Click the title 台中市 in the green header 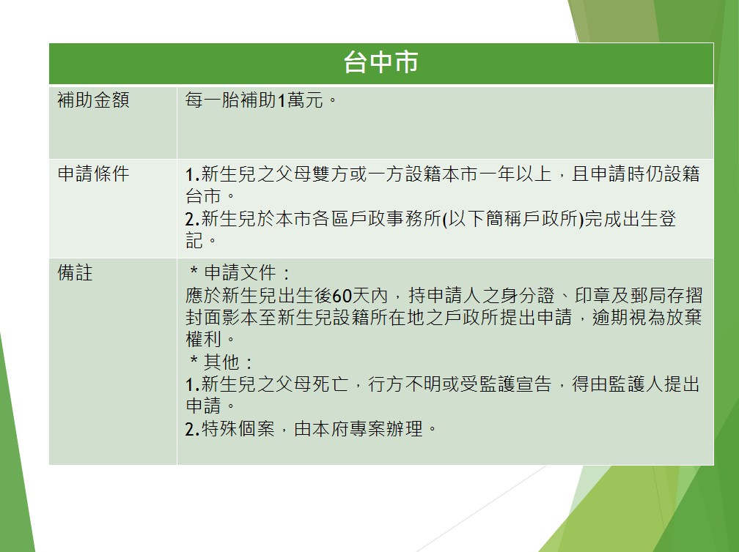380,62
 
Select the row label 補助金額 93,100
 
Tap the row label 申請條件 93,174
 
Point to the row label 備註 75,272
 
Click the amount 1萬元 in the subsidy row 301,100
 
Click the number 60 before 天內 342,296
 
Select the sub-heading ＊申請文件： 240,273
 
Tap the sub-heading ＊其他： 221,362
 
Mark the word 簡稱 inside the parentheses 504,219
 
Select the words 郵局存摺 666,296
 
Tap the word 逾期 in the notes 610,318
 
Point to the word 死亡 330,384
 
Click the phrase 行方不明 405,384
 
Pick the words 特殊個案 238,429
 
